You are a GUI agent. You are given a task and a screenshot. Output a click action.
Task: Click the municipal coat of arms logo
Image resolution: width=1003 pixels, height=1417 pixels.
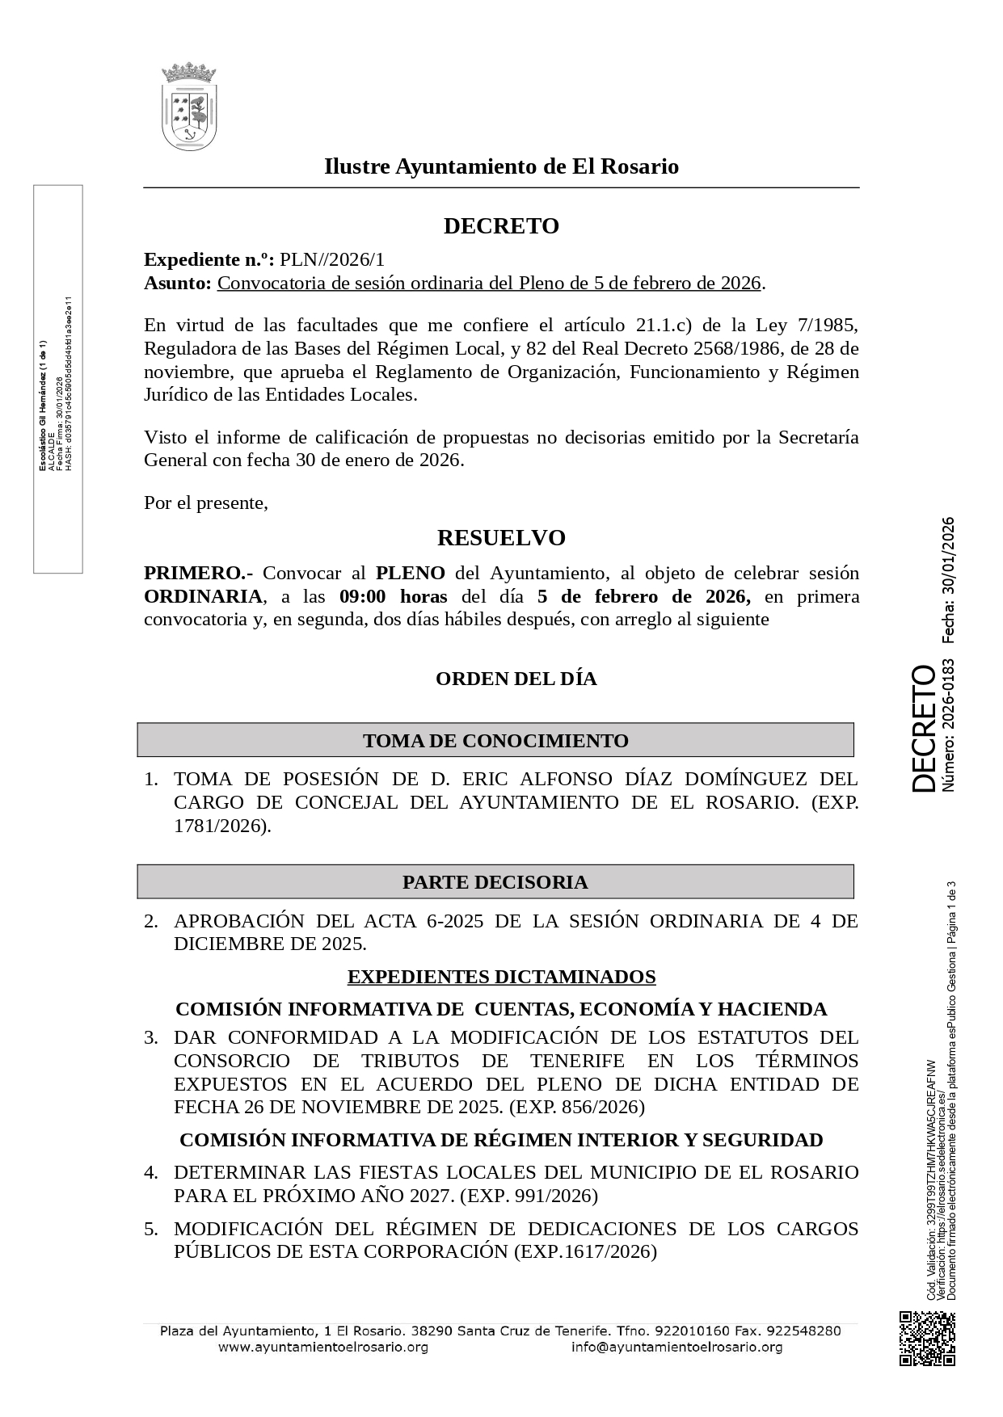tap(189, 107)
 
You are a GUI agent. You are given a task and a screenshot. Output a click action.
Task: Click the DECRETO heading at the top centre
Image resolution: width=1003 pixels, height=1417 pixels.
tap(501, 226)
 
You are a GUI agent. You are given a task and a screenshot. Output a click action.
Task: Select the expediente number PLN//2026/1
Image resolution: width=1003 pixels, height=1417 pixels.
tap(332, 259)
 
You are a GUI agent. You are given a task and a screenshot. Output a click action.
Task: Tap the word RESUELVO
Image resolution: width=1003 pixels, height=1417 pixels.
tap(501, 538)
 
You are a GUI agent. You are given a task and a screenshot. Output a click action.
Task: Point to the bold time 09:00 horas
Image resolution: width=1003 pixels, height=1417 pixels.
tap(393, 597)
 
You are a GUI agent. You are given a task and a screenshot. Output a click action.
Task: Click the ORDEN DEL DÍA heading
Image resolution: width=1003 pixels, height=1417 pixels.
tap(516, 679)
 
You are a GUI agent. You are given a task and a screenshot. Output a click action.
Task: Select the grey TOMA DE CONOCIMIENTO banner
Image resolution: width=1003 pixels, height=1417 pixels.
tap(495, 740)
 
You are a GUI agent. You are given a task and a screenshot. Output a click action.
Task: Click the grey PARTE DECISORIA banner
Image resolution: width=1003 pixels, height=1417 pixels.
tap(495, 881)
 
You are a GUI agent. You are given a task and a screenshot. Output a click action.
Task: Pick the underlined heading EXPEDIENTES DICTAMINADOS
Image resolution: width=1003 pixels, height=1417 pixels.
tap(501, 977)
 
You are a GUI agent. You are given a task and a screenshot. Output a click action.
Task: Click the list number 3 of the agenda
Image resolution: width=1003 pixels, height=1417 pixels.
tap(151, 1037)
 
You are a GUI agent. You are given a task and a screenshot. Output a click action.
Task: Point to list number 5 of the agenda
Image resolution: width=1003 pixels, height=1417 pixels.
tap(151, 1229)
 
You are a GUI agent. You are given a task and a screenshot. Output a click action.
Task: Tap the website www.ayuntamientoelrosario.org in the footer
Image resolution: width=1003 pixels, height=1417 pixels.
tap(322, 1348)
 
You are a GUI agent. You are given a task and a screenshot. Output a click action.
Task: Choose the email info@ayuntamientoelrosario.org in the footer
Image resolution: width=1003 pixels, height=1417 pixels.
tap(676, 1348)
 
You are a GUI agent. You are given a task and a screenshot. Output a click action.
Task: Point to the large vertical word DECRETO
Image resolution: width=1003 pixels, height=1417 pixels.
tap(923, 728)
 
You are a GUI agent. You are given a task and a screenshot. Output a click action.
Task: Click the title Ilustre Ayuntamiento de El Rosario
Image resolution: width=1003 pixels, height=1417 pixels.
tap(501, 166)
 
